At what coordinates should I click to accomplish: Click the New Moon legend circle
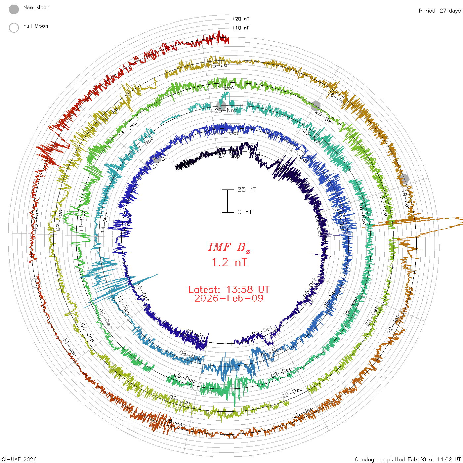[14, 10]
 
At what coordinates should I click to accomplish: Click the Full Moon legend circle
[14, 28]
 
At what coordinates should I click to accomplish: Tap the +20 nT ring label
[240, 19]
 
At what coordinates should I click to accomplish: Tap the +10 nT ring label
[240, 28]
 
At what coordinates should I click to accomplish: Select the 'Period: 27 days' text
[440, 11]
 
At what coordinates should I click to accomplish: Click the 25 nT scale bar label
[247, 189]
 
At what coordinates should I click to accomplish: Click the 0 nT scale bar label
[244, 212]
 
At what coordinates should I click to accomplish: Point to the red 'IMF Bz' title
[229, 247]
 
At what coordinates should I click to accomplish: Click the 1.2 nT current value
[229, 262]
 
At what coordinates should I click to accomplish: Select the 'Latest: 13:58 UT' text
[229, 290]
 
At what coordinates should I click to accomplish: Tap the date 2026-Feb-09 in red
[229, 298]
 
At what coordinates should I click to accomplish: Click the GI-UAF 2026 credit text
[19, 459]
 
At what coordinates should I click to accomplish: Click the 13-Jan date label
[220, 65]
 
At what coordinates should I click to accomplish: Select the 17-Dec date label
[224, 88]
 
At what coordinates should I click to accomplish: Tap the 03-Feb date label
[36, 220]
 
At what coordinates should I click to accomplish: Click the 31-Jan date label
[69, 347]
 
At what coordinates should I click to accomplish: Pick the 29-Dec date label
[292, 393]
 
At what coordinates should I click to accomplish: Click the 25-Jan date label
[303, 413]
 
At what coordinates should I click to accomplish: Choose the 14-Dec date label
[128, 129]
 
